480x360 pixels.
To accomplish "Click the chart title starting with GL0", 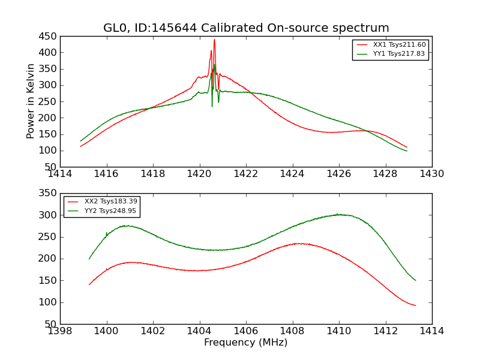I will (246, 28).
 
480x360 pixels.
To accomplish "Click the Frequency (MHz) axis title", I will (246, 343).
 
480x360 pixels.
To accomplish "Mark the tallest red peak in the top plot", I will (214, 40).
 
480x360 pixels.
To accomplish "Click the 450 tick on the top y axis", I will (49, 36).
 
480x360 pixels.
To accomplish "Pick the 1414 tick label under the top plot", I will (60, 173).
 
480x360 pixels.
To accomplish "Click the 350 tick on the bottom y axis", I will (49, 193).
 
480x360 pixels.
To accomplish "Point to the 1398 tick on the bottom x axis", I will (60, 331).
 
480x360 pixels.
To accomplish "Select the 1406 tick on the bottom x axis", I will (246, 331).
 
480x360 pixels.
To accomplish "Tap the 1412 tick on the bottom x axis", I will (385, 331).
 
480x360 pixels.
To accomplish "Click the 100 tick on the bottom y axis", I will (49, 302).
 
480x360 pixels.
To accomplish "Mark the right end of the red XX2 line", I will (415, 305).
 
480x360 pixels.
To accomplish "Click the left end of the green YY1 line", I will (80, 141).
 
